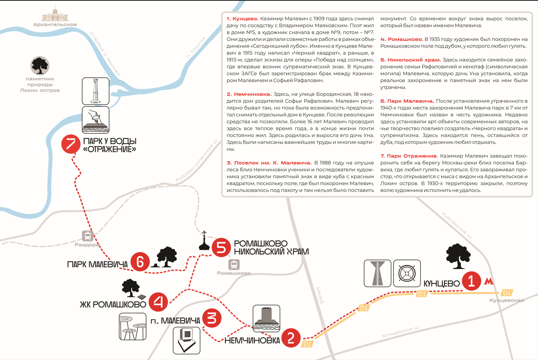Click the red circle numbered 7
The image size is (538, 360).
click(x=71, y=144)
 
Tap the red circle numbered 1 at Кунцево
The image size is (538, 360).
click(x=471, y=281)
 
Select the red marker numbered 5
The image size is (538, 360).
click(x=221, y=247)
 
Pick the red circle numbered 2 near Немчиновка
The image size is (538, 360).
click(x=291, y=337)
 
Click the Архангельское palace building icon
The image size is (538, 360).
click(x=55, y=14)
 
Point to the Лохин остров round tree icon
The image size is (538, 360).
click(x=40, y=66)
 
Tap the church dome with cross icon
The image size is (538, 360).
click(x=204, y=241)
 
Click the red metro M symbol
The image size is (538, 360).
click(x=489, y=282)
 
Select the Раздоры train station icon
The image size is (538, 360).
click(x=88, y=236)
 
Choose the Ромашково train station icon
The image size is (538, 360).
click(x=234, y=264)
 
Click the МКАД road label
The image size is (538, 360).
click(x=320, y=295)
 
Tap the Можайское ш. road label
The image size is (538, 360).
click(x=401, y=332)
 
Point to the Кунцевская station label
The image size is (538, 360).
click(x=506, y=300)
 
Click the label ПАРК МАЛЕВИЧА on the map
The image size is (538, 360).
click(x=97, y=264)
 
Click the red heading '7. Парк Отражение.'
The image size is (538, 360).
click(x=409, y=156)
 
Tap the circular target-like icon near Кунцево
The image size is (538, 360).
click(x=407, y=273)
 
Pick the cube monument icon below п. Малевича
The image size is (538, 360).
click(x=186, y=340)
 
